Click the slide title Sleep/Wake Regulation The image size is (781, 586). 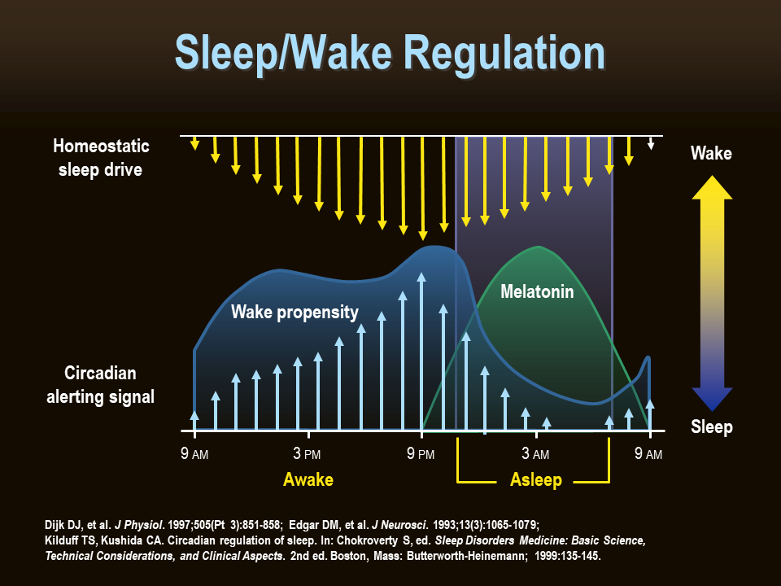coord(390,53)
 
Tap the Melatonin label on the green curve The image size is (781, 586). coord(537,291)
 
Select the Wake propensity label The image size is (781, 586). coord(295,312)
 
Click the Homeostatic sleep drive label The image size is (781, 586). coord(102,158)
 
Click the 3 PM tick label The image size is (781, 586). coord(308,454)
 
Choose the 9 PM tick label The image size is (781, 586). coord(421,454)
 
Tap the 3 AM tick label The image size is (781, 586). coord(535,454)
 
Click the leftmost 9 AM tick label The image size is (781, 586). coord(194,454)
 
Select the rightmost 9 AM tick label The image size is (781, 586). coord(648,454)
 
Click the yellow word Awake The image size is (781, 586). coord(308,479)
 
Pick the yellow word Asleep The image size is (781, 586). coord(535,479)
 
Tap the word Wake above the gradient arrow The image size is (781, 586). coord(711,153)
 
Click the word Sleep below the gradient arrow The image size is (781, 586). coord(711,427)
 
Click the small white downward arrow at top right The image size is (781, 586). coord(651,144)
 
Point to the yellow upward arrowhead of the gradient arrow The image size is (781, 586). coord(711,186)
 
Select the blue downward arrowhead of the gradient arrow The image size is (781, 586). coord(711,399)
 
